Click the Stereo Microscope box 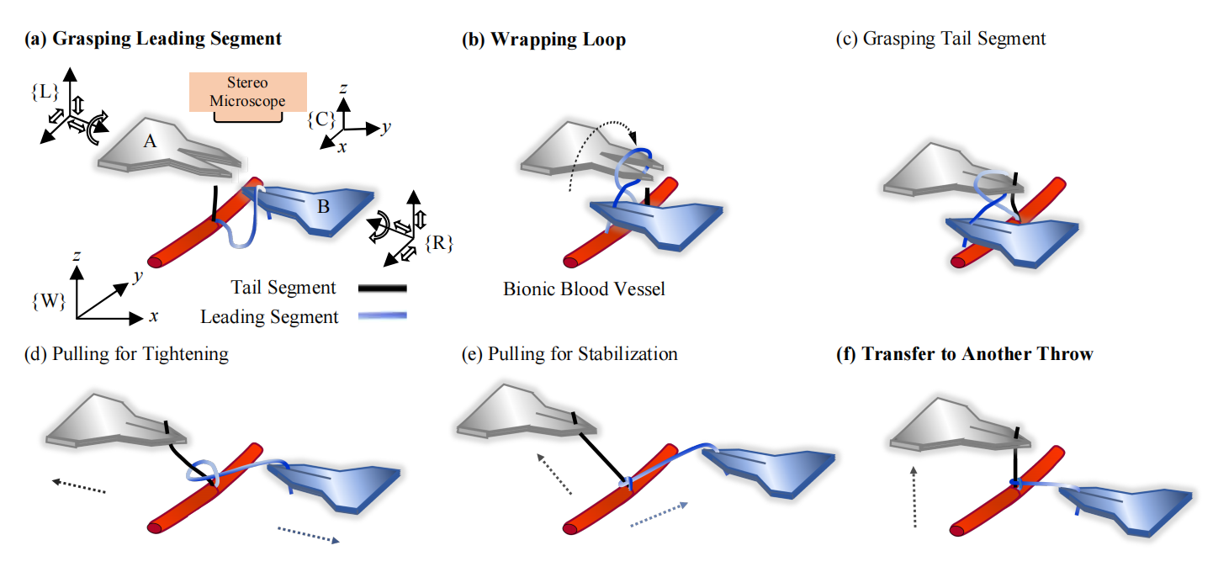click(248, 93)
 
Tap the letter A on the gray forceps click(150, 142)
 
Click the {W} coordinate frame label click(48, 302)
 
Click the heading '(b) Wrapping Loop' click(543, 40)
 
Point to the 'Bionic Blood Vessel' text click(584, 289)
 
